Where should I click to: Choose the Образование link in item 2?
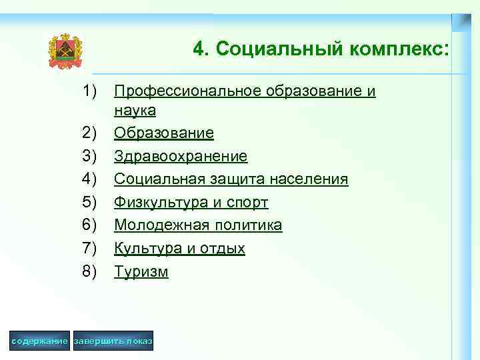(x=164, y=133)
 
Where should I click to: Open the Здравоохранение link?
(x=181, y=157)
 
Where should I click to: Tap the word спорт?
(x=247, y=203)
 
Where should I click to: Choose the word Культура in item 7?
(x=146, y=249)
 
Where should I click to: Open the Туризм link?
(x=141, y=271)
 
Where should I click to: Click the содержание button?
(x=40, y=341)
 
